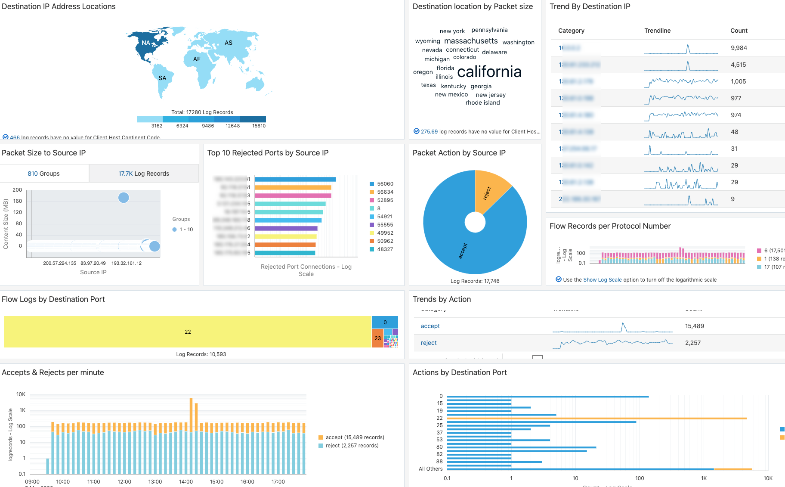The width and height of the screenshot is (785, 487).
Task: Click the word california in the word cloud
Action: [x=489, y=71]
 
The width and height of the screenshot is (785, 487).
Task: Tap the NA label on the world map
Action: [x=146, y=43]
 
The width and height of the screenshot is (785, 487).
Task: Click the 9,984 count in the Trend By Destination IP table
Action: [x=739, y=48]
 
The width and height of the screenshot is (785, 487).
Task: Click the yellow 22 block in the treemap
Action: [x=188, y=332]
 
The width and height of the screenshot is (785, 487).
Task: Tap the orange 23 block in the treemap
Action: [x=377, y=338]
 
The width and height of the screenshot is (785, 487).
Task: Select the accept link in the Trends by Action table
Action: [x=430, y=326]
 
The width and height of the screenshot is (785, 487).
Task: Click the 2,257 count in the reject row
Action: [x=692, y=343]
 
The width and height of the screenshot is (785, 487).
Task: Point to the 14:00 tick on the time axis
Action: [x=186, y=481]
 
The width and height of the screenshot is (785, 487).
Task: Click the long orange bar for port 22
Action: [x=596, y=418]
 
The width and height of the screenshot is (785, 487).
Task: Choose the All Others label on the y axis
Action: [x=430, y=469]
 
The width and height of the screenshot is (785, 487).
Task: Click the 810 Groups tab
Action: [x=44, y=174]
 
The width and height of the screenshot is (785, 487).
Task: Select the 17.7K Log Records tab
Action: [x=144, y=174]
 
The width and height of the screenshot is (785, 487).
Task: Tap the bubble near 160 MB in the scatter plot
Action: [x=124, y=198]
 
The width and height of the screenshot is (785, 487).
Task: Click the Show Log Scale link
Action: [x=602, y=279]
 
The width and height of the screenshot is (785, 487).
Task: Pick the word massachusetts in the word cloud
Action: [x=471, y=41]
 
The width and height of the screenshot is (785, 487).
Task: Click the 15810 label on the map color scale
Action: [x=259, y=126]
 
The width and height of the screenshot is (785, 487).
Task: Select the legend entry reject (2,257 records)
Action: [x=352, y=446]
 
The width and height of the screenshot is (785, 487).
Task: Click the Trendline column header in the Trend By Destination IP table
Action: [x=657, y=31]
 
